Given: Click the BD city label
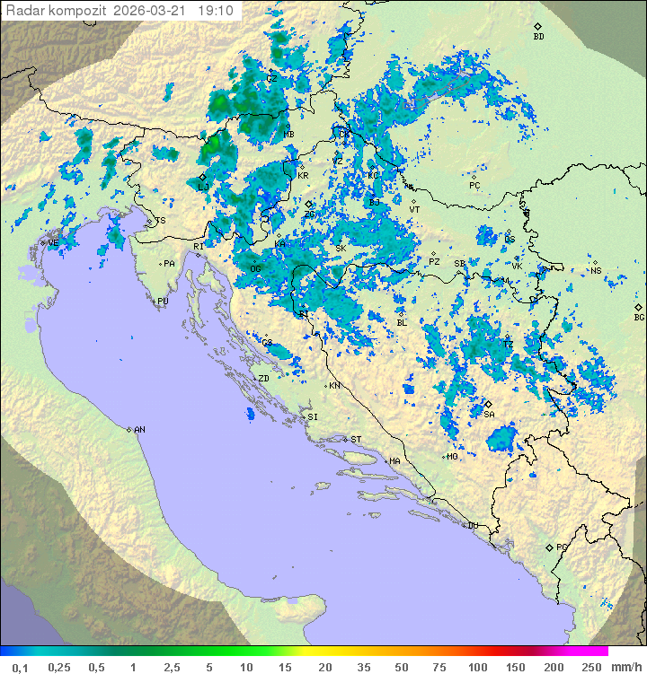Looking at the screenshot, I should [x=538, y=37].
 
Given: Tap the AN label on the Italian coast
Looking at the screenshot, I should [x=139, y=430].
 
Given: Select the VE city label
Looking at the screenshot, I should [x=53, y=243].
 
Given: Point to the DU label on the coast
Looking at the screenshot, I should [x=472, y=526].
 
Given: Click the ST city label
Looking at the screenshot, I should [x=356, y=440].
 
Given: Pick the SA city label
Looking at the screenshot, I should [x=489, y=415].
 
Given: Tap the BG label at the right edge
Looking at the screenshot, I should [x=639, y=317].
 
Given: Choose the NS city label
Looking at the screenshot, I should [x=596, y=271].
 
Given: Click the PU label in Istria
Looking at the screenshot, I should [x=163, y=302].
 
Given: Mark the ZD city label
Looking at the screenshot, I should [x=263, y=379].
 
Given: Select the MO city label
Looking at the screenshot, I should [x=453, y=457].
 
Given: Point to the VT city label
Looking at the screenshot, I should [x=414, y=209].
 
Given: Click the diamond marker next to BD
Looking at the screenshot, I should [x=537, y=27].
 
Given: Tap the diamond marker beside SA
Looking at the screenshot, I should [x=488, y=404].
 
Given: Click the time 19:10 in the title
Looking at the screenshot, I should [x=216, y=11].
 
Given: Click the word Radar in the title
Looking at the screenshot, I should [x=24, y=11].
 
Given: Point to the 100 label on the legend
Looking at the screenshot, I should [x=476, y=667].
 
